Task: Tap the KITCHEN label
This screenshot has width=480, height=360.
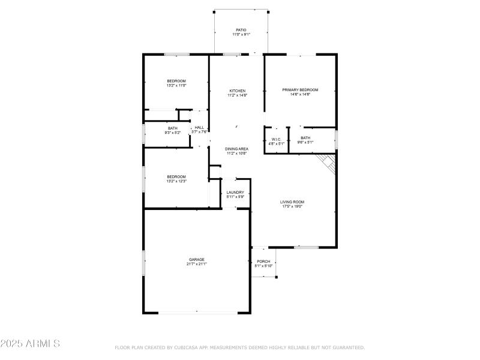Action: pyautogui.click(x=236, y=91)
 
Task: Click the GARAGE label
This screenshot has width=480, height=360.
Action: pyautogui.click(x=197, y=259)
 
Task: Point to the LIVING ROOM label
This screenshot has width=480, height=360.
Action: pyautogui.click(x=292, y=202)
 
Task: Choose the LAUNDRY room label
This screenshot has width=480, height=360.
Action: pyautogui.click(x=235, y=192)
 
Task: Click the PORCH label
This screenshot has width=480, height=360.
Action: pyautogui.click(x=263, y=261)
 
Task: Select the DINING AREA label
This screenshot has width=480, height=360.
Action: pyautogui.click(x=236, y=148)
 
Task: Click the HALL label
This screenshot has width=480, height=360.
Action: pyautogui.click(x=199, y=127)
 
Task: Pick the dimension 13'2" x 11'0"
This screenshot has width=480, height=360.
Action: pyautogui.click(x=176, y=86)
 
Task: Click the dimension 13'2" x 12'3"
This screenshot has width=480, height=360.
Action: pyautogui.click(x=176, y=181)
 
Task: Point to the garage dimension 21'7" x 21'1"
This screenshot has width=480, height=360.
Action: pyautogui.click(x=197, y=264)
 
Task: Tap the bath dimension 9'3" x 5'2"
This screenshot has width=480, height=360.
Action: pyautogui.click(x=173, y=133)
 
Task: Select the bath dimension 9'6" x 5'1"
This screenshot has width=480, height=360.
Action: pyautogui.click(x=305, y=143)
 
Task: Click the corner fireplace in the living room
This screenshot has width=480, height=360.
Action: pyautogui.click(x=327, y=162)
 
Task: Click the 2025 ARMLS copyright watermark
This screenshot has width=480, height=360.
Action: pyautogui.click(x=30, y=344)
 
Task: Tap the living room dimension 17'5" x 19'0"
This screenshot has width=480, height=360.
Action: pyautogui.click(x=292, y=206)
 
